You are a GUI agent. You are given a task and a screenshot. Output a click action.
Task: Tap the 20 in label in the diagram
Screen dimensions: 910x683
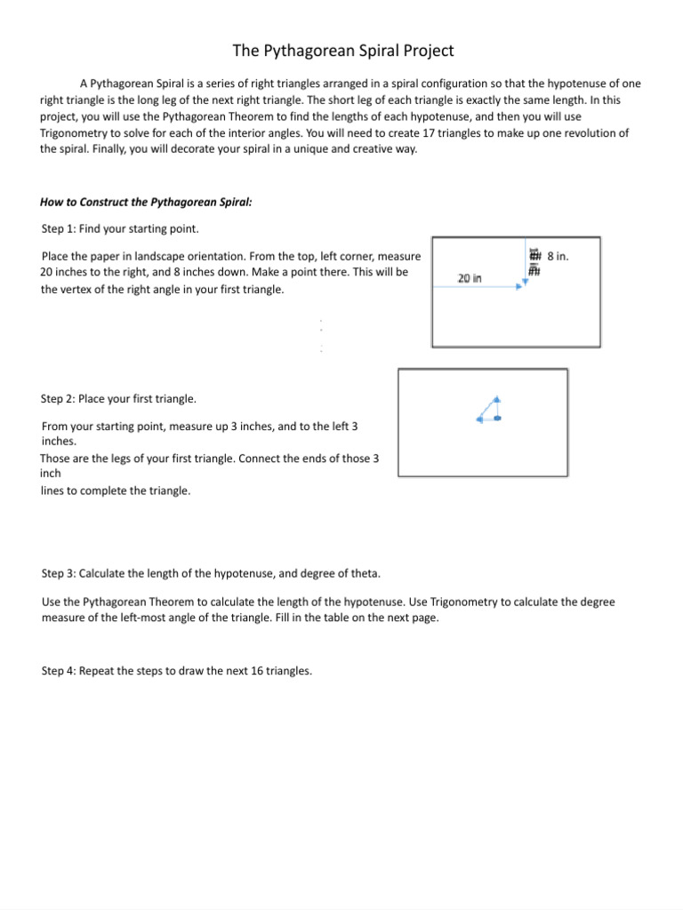(470, 278)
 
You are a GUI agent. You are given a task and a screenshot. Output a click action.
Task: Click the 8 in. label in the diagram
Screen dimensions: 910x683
(558, 256)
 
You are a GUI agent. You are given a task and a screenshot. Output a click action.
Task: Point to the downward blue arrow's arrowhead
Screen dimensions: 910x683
(526, 281)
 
